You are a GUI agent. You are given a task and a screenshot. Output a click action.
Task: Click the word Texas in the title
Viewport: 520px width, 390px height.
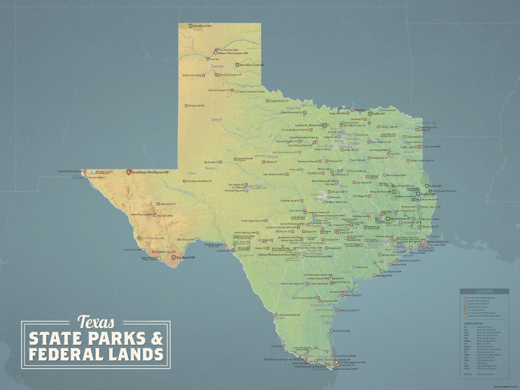click(x=96, y=322)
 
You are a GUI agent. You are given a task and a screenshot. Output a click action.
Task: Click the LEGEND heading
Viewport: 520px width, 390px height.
click(x=484, y=291)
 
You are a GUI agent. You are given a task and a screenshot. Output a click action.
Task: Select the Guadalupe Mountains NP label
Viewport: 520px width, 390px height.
click(x=150, y=172)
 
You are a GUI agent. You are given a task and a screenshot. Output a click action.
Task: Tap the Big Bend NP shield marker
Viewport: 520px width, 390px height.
click(x=173, y=258)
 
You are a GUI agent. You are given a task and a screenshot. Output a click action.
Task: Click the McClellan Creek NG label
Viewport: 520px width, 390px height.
click(x=252, y=65)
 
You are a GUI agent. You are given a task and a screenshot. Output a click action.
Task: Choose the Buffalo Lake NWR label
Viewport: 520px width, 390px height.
click(x=192, y=75)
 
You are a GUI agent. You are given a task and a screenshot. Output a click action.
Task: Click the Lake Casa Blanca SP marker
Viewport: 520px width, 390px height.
click(x=276, y=315)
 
